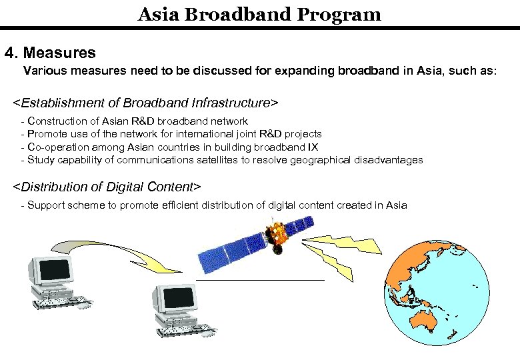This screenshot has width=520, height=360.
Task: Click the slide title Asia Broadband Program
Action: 259,14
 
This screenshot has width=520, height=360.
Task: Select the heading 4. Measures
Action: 50,52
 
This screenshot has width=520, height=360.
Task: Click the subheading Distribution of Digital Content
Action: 107,186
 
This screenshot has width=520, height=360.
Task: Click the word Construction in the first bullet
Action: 56,121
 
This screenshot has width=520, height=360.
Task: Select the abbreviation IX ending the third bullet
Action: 313,147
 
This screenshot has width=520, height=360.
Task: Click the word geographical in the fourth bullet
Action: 325,160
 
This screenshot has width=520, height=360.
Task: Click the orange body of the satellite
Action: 274,233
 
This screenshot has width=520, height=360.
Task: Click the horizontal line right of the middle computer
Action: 260,281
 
